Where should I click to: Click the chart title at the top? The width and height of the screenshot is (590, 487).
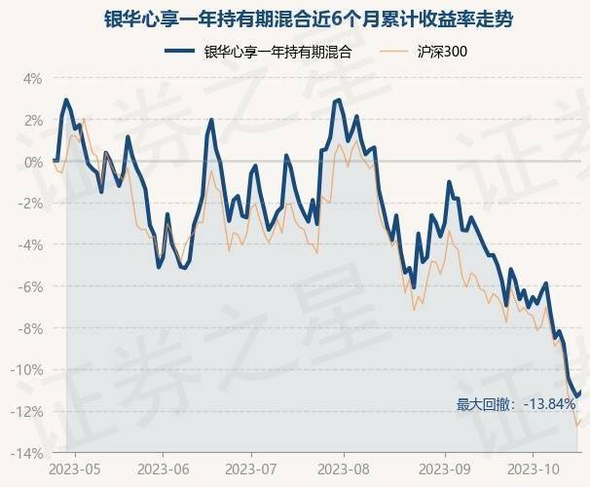[295, 19]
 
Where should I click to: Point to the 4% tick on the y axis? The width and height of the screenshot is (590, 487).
[32, 78]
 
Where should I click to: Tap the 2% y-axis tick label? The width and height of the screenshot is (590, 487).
[32, 120]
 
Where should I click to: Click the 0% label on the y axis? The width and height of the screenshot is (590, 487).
[32, 162]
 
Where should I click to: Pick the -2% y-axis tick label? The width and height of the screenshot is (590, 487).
[30, 204]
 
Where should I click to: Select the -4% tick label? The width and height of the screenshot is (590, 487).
[30, 245]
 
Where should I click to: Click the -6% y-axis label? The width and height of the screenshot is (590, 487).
[30, 287]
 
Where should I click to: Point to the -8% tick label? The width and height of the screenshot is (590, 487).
[30, 329]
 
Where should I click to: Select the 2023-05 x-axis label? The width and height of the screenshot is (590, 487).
[76, 469]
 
